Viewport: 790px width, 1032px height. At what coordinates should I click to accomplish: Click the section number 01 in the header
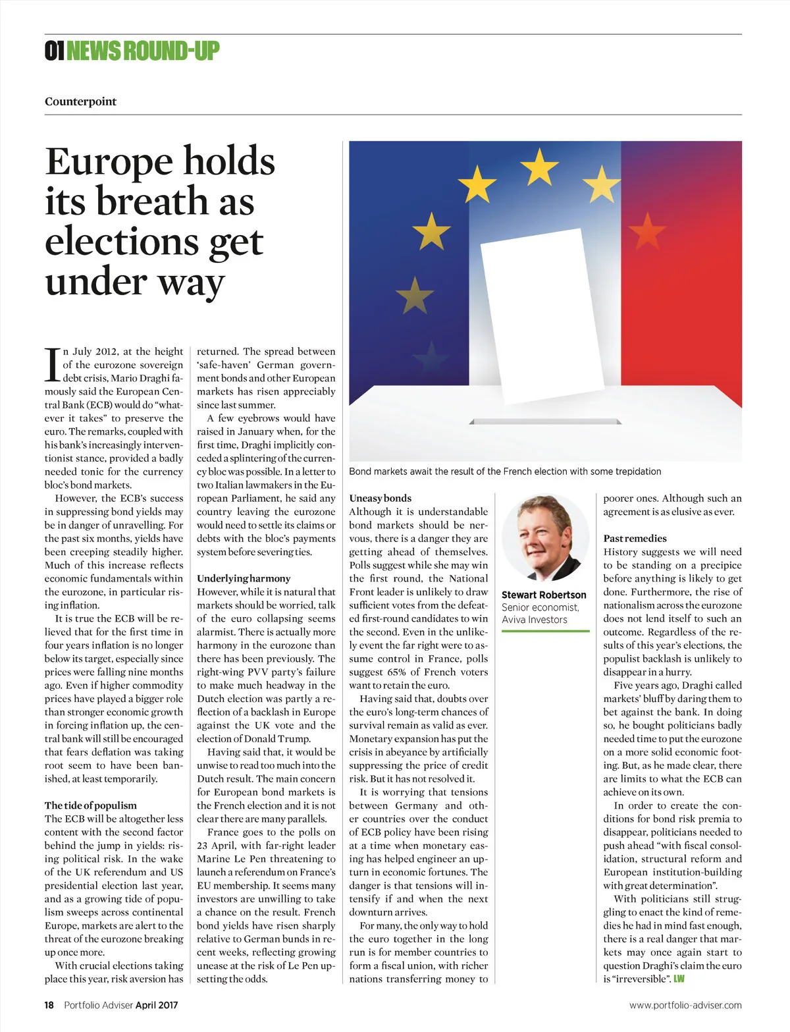[54, 51]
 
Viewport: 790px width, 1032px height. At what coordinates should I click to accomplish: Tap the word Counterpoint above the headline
[80, 101]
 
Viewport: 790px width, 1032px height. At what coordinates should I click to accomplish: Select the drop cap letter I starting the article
[52, 365]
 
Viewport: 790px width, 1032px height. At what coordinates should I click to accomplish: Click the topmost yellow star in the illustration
[539, 167]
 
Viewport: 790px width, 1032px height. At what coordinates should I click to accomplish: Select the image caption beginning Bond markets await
[505, 472]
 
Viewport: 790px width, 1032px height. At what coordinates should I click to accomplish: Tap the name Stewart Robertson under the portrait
[544, 595]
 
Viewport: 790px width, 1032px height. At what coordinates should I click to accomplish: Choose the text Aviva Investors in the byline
[534, 620]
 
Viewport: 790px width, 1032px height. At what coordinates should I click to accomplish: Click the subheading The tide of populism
[91, 805]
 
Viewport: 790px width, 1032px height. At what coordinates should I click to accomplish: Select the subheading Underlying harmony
[244, 578]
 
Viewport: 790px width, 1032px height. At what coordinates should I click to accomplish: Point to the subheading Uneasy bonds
[380, 499]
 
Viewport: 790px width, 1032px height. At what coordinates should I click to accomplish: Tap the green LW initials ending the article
[679, 979]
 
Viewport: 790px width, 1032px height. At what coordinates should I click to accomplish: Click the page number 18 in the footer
[49, 1005]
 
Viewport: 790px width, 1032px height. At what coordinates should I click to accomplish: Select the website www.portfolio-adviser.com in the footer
[685, 1005]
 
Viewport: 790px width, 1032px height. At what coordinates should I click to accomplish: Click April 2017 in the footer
[157, 1005]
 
